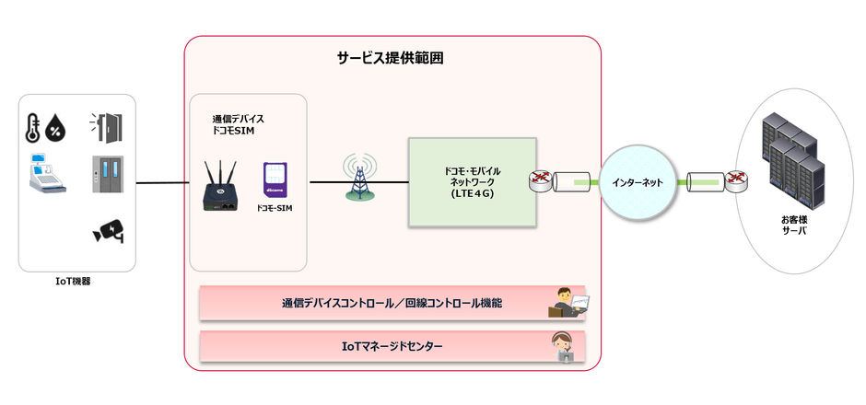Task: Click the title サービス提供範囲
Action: tap(392, 58)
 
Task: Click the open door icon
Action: tap(107, 126)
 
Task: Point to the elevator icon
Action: tap(107, 174)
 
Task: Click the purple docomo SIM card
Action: tap(275, 180)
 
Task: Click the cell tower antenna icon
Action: tap(360, 178)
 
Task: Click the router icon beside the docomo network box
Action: tap(540, 181)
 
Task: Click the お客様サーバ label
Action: tap(791, 225)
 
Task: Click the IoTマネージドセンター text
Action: tap(386, 346)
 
